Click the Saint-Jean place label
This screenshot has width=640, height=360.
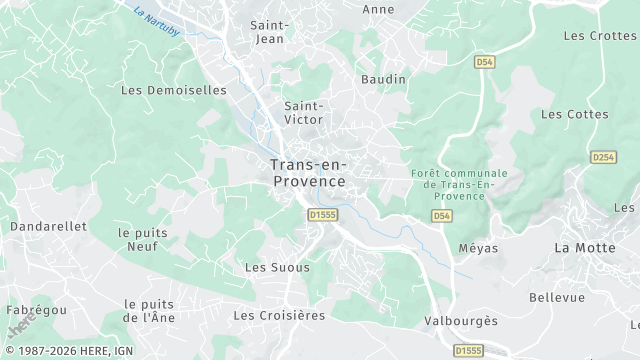(x=270, y=31)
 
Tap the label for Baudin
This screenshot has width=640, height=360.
(x=384, y=79)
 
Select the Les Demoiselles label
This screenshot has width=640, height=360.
(x=173, y=89)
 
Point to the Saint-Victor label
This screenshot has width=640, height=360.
(x=303, y=112)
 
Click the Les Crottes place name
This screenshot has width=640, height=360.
(x=600, y=36)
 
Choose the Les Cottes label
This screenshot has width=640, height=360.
(x=574, y=114)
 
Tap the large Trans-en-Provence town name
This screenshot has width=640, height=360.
(x=307, y=173)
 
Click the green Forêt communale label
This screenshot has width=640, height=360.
(x=459, y=184)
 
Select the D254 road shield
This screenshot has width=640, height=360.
(x=603, y=157)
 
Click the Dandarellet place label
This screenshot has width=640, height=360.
(x=48, y=227)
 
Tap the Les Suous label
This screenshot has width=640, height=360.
(x=277, y=267)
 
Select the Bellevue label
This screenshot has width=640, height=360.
(x=556, y=297)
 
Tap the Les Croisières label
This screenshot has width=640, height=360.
(x=279, y=315)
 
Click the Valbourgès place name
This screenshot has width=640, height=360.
(x=460, y=321)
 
